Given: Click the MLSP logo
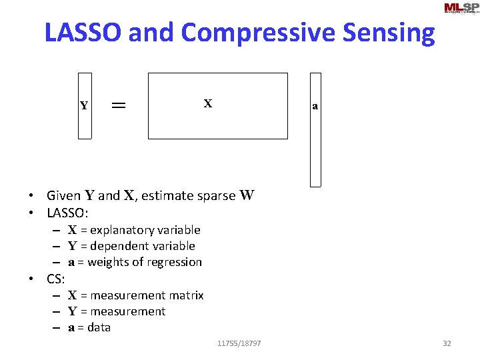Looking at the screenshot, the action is (461, 8).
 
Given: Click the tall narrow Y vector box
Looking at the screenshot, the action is (85, 105).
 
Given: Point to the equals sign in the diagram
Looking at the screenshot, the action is (119, 105).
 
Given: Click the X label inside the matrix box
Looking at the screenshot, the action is (208, 103).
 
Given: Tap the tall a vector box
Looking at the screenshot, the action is (315, 129).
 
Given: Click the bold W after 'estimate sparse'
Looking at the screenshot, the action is (247, 195).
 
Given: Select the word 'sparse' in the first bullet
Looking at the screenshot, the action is (216, 196).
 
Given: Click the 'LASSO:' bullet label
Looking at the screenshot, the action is (68, 213).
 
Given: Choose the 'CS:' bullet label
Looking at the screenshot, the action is (55, 279).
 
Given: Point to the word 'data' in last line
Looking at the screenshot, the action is (99, 327).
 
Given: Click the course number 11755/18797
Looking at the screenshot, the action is (239, 343).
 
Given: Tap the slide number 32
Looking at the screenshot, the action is (447, 343).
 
